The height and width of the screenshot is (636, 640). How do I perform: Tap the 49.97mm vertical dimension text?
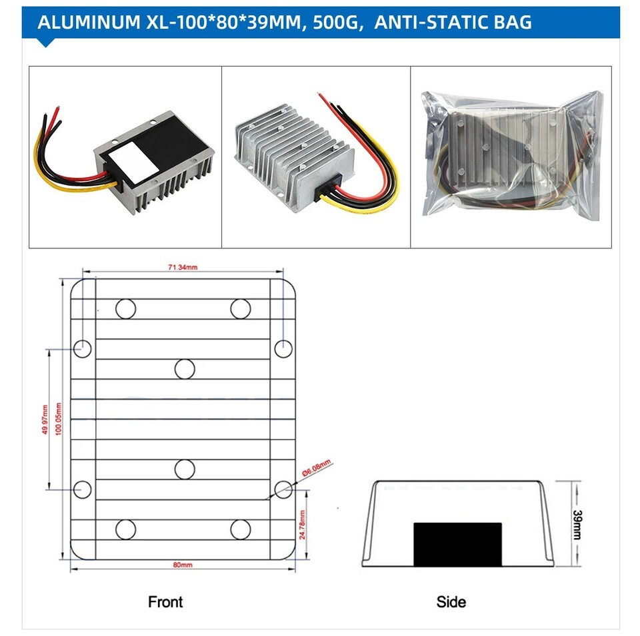(45, 420)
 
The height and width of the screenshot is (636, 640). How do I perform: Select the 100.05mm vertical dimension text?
(59, 420)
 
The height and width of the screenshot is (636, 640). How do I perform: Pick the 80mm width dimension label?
(182, 565)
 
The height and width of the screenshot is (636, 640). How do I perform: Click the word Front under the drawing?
(165, 602)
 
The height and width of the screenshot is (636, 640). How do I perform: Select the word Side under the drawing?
(451, 602)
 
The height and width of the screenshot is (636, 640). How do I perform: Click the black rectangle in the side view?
(457, 544)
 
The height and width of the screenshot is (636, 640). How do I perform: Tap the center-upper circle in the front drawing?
(185, 368)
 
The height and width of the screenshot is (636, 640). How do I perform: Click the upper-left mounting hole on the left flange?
(82, 348)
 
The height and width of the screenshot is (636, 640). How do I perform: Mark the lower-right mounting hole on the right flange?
(283, 489)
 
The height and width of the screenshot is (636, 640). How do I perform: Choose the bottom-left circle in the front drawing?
(125, 529)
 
